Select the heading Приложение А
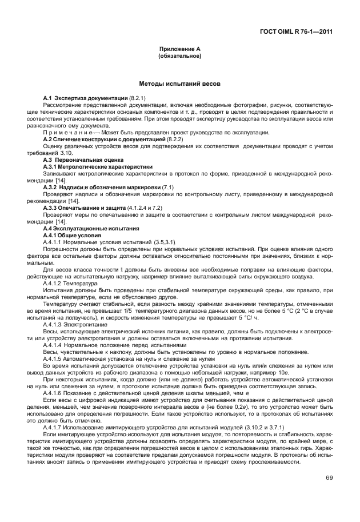[179, 50]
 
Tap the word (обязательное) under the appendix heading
[179, 57]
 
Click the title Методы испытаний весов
[179, 83]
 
